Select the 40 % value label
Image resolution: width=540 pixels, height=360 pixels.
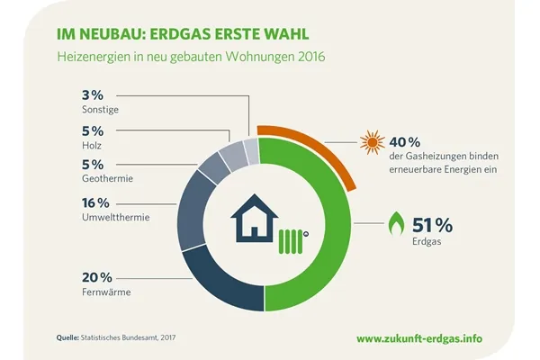(404, 142)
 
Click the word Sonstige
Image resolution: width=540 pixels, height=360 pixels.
(100, 110)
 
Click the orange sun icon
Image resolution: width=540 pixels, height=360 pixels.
(371, 143)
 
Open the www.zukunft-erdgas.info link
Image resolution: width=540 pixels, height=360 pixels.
(431, 338)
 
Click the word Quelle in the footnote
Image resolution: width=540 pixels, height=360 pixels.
(67, 337)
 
